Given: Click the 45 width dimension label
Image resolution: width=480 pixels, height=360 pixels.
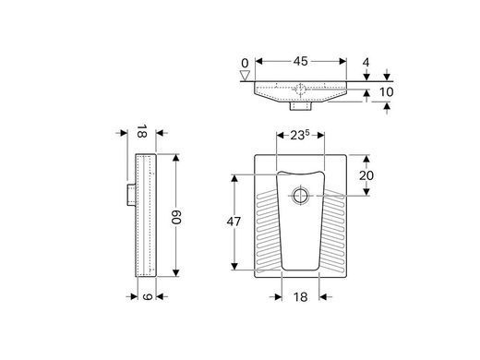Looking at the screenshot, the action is tap(300, 61).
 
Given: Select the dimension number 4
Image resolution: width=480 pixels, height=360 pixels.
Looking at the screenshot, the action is tap(366, 63).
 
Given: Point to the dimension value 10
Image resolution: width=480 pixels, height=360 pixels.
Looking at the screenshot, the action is tap(386, 91).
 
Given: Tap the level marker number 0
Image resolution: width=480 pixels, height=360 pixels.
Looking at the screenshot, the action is tap(245, 64).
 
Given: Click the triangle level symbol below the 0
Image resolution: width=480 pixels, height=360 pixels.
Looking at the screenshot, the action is tap(245, 76).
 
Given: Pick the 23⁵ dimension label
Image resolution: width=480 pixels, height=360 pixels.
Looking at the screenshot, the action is tap(300, 135).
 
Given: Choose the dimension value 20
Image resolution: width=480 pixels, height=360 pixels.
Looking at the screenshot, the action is tap(366, 175).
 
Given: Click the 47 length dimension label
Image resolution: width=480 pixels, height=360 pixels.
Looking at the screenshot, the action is tap(234, 222).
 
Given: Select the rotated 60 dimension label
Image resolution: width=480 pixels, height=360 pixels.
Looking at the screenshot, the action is tap(177, 217).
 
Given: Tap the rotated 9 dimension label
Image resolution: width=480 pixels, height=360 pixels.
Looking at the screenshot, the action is tap(148, 296).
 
